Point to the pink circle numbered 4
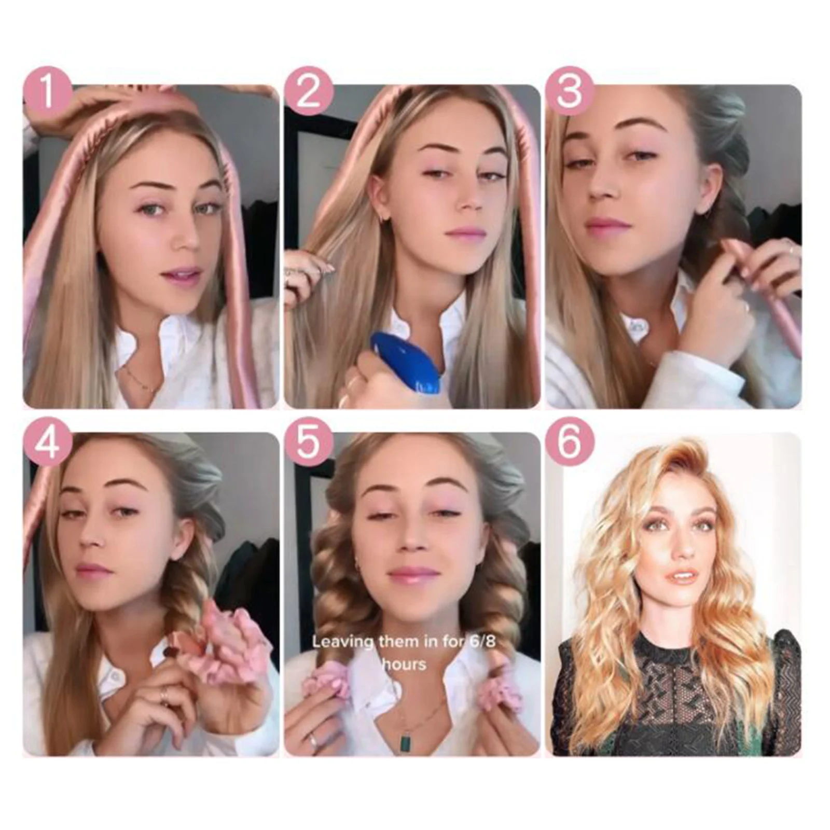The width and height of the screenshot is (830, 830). [x=47, y=442]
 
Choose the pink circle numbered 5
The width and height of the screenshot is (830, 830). [x=308, y=442]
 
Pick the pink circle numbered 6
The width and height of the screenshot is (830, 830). [x=570, y=442]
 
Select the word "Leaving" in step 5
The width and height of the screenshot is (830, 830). [x=343, y=642]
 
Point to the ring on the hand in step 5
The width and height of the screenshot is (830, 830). [x=313, y=740]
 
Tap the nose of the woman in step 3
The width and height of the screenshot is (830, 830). [x=602, y=189]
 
